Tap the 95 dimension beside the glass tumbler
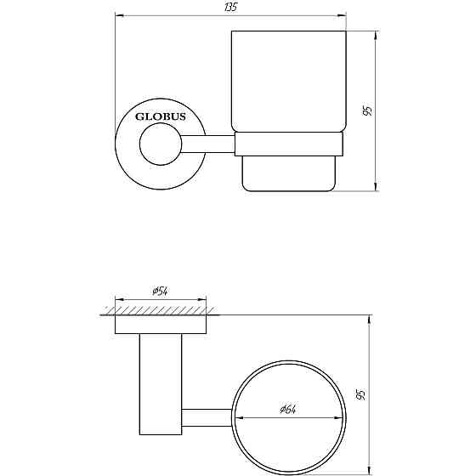(366, 112)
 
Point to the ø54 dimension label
(161, 292)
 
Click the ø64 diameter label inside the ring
(287, 409)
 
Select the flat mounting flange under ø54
(161, 323)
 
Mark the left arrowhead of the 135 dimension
(120, 15)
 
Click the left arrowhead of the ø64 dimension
(238, 417)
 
